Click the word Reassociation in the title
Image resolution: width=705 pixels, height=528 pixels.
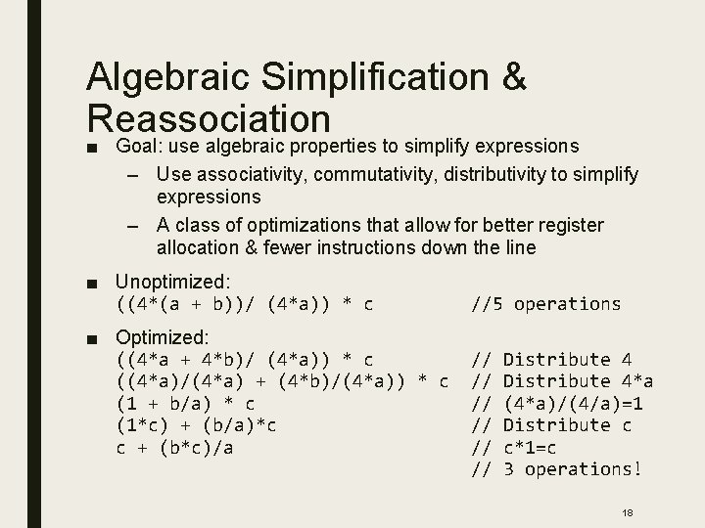pyautogui.click(x=208, y=118)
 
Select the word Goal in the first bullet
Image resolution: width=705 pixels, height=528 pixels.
pyautogui.click(x=137, y=146)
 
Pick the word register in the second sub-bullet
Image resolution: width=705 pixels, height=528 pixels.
pyautogui.click(x=555, y=226)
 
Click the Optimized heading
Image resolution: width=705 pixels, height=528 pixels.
pyautogui.click(x=162, y=337)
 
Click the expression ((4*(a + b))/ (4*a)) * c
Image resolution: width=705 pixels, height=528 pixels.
pyautogui.click(x=245, y=304)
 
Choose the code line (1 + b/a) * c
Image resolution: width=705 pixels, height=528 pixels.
pyautogui.click(x=186, y=403)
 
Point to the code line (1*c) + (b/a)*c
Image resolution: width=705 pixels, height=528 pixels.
pyautogui.click(x=197, y=425)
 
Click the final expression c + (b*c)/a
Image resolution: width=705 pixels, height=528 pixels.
pyautogui.click(x=180, y=447)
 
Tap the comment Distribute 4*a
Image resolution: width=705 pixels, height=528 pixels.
pyautogui.click(x=578, y=381)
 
